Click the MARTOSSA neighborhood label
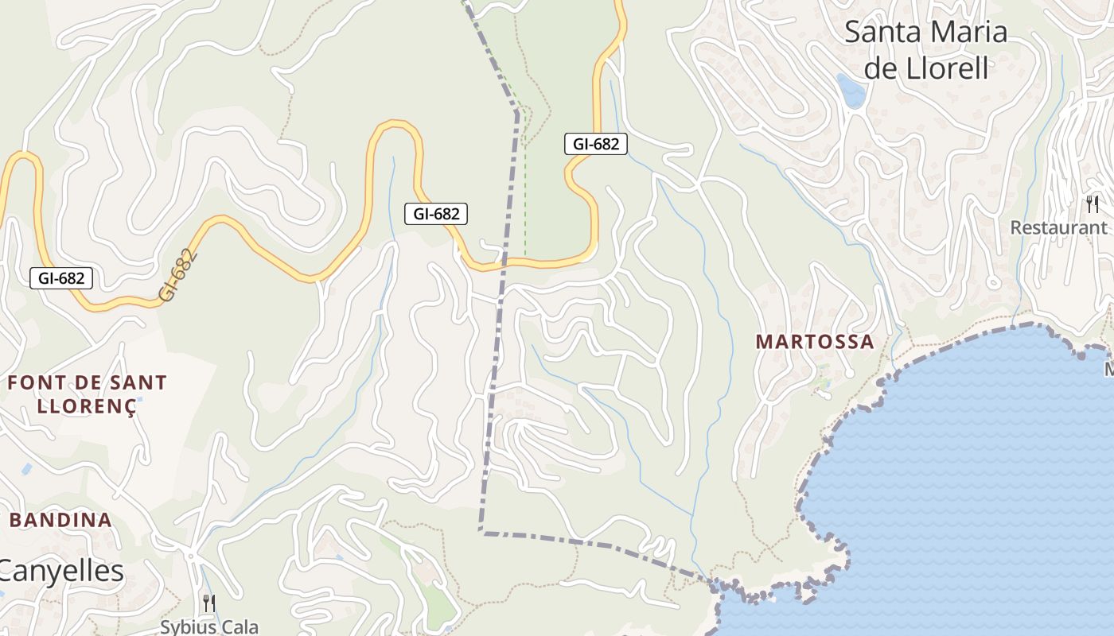click(x=814, y=342)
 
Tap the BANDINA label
click(x=60, y=521)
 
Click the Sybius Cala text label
click(x=209, y=626)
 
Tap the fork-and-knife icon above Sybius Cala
click(x=208, y=603)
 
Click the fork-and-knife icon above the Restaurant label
click(x=1093, y=204)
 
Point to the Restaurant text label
click(x=1058, y=227)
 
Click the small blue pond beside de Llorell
click(x=851, y=91)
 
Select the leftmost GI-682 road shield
click(x=61, y=277)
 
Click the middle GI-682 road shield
click(x=435, y=213)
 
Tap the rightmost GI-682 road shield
click(x=595, y=144)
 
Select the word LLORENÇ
click(x=87, y=405)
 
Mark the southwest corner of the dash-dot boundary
click(x=481, y=531)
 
